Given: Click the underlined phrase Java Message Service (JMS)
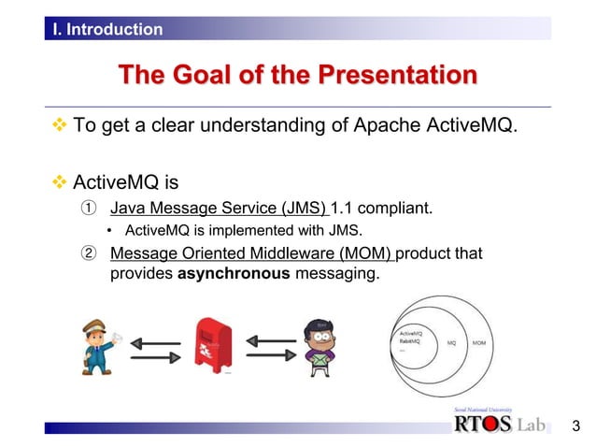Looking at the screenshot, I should pos(220,208).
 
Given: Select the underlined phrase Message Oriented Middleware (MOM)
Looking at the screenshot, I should pos(252,254).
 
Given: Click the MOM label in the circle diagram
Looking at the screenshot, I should pos(478,342).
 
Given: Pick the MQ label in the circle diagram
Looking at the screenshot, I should pos(451,342).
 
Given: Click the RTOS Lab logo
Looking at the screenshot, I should pos(498,424).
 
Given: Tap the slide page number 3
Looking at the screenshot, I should pos(575,426).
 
